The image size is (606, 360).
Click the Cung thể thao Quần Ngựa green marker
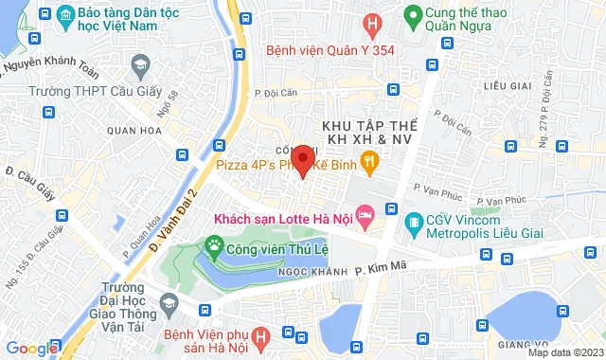412,16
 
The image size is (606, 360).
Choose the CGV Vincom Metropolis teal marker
413,224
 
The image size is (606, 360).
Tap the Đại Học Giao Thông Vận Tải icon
169,305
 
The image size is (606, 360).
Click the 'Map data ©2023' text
564,352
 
